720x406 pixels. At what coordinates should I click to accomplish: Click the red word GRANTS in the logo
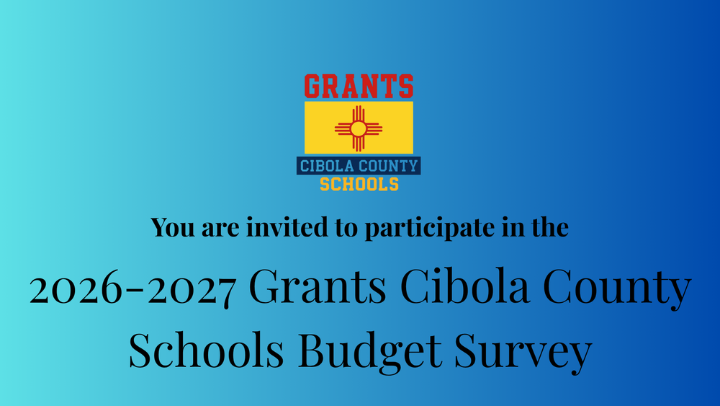(x=359, y=87)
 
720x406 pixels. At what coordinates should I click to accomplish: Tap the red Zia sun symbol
(x=359, y=128)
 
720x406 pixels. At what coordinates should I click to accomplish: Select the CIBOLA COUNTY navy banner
(x=359, y=167)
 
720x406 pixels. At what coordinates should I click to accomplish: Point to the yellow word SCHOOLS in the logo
(x=359, y=184)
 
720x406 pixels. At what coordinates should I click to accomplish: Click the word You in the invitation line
(x=171, y=228)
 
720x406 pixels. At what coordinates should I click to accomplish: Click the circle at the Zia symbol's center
(x=359, y=128)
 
